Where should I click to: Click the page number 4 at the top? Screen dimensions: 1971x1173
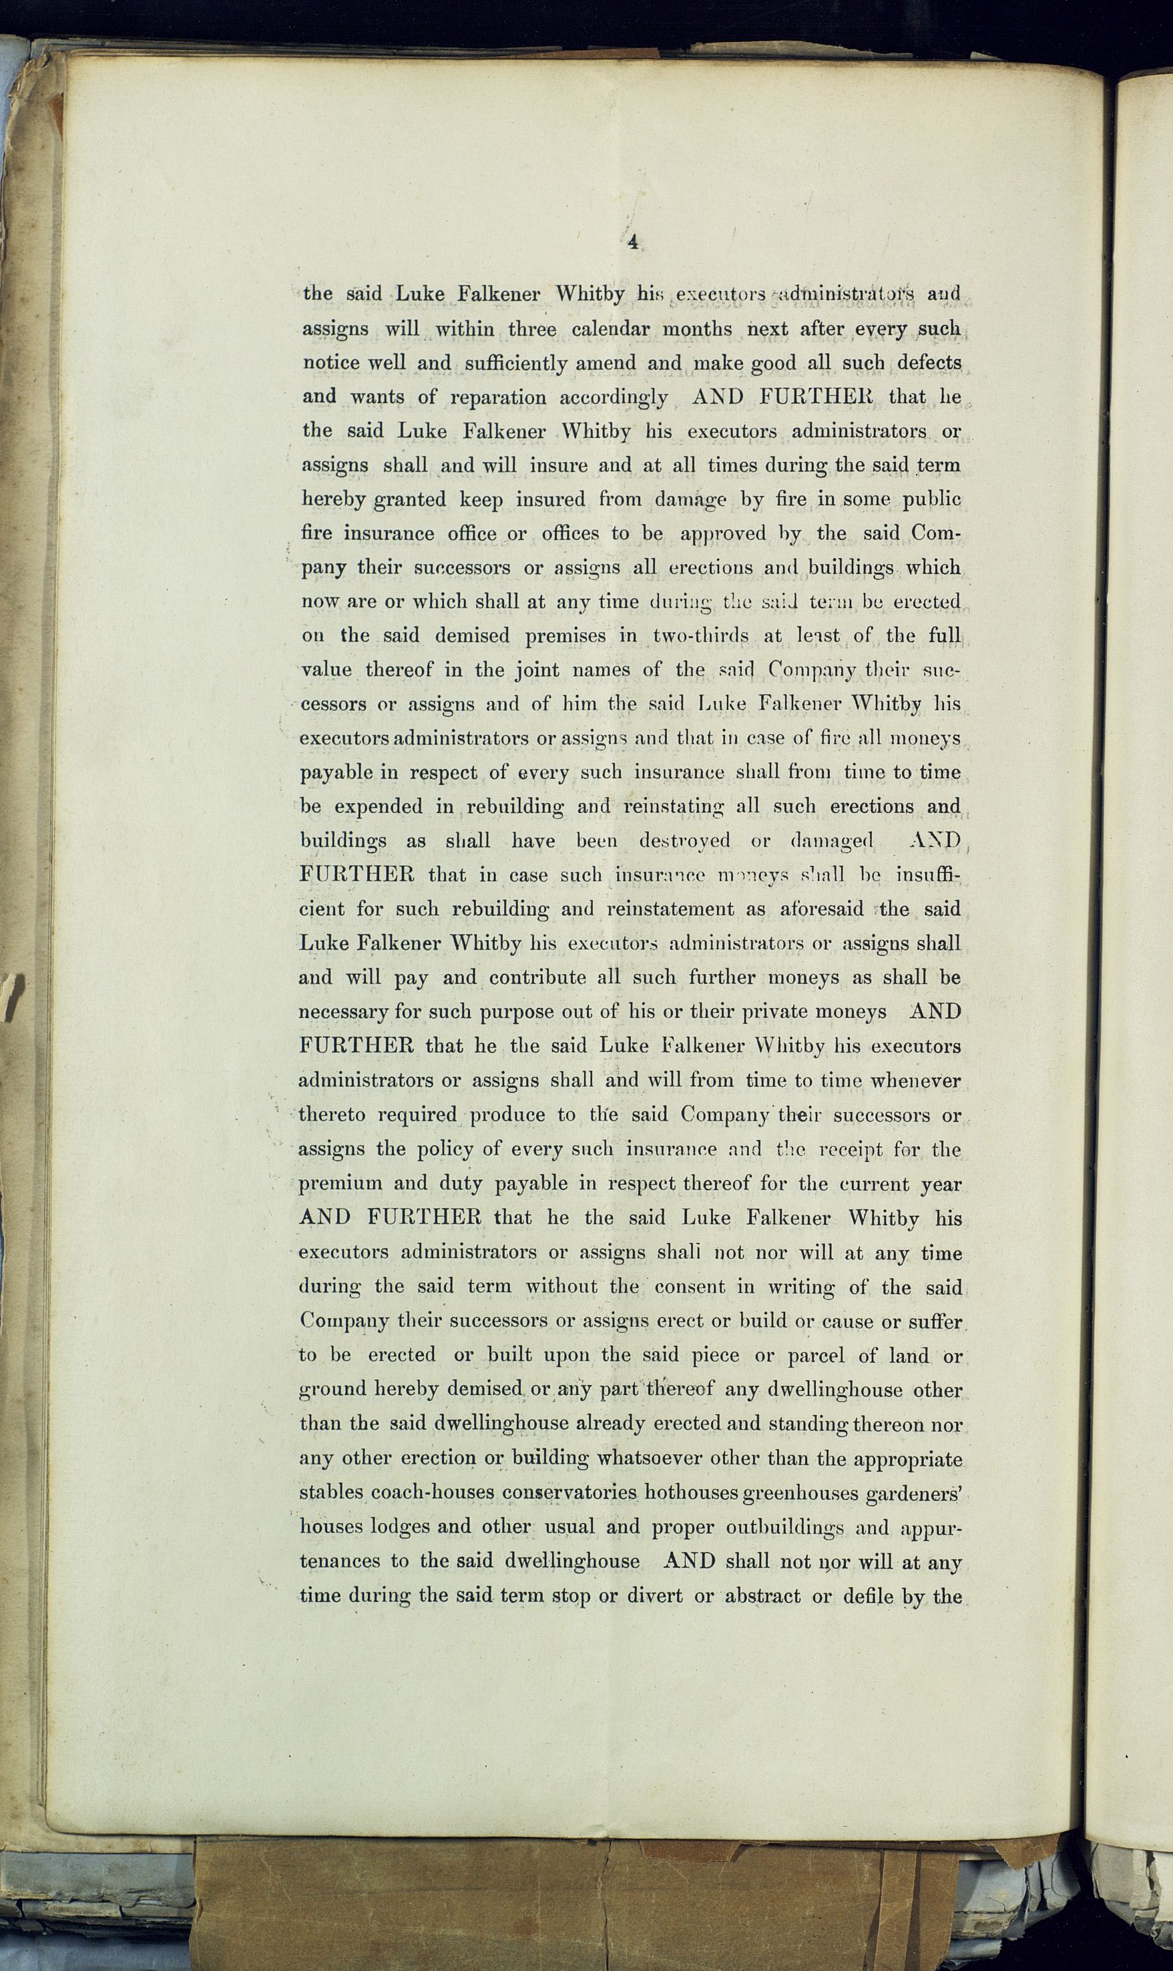[x=632, y=242]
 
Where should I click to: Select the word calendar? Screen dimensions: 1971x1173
[x=610, y=328]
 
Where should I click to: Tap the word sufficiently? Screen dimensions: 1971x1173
[x=515, y=363]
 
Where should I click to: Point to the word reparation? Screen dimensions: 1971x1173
[x=498, y=397]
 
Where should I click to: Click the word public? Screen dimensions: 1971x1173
[x=931, y=500]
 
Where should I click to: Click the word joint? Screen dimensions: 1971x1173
[x=537, y=671]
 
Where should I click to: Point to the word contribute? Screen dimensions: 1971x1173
[x=537, y=978]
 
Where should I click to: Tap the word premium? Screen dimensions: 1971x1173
[x=340, y=1184]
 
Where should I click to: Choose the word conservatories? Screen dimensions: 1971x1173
[x=569, y=1493]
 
